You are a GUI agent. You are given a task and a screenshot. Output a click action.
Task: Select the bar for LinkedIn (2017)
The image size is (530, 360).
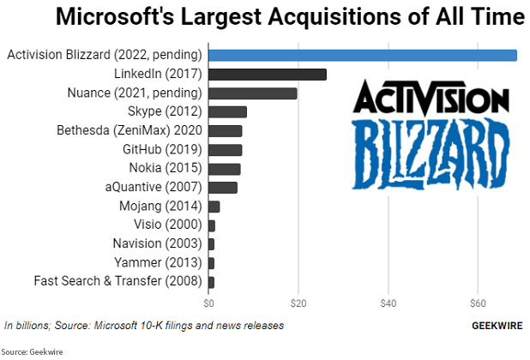click(x=267, y=74)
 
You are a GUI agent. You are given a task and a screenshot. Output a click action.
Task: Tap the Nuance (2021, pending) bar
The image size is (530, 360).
click(x=252, y=93)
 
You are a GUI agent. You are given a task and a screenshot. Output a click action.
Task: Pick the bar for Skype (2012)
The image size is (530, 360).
click(x=227, y=111)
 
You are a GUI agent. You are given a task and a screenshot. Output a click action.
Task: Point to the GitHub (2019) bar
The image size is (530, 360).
click(x=225, y=149)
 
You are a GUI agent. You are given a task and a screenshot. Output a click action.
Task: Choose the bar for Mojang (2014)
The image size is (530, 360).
click(x=214, y=206)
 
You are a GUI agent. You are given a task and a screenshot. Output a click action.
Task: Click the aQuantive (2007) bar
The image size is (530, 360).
click(x=222, y=187)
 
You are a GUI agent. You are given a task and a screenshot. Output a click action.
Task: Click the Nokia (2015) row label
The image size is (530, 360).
click(x=166, y=168)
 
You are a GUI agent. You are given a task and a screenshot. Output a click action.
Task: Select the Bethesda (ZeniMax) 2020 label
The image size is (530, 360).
click(x=129, y=130)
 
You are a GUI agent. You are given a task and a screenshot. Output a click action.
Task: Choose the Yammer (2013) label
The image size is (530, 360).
click(x=158, y=262)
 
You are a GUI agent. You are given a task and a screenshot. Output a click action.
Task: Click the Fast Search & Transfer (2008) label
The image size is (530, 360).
click(x=118, y=281)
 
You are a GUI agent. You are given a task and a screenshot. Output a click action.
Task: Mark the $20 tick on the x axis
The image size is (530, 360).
click(x=298, y=303)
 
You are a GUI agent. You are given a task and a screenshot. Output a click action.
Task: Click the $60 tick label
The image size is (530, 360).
click(x=478, y=303)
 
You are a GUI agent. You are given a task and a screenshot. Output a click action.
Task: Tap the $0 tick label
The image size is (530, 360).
click(x=208, y=303)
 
